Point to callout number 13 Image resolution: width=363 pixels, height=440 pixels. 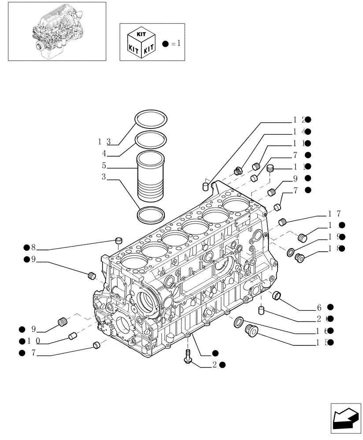pos(104,141)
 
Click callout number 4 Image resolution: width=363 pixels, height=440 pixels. pos(104,154)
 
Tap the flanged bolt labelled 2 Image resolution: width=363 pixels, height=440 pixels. pos(187,356)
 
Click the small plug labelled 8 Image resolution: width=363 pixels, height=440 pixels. pos(118,240)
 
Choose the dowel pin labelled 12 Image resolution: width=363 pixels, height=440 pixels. pos(205,187)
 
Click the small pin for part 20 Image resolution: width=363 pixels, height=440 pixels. pos(261,312)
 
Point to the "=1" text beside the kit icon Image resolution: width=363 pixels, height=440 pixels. pos(175,43)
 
